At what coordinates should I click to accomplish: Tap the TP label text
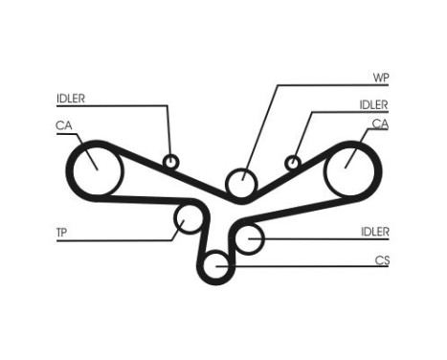click(x=62, y=231)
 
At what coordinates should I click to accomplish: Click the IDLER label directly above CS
click(x=374, y=231)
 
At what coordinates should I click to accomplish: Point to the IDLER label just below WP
click(x=373, y=103)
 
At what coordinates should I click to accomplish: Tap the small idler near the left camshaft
click(x=171, y=161)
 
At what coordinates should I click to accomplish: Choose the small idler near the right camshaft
click(x=294, y=161)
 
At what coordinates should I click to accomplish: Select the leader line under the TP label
click(x=115, y=239)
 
